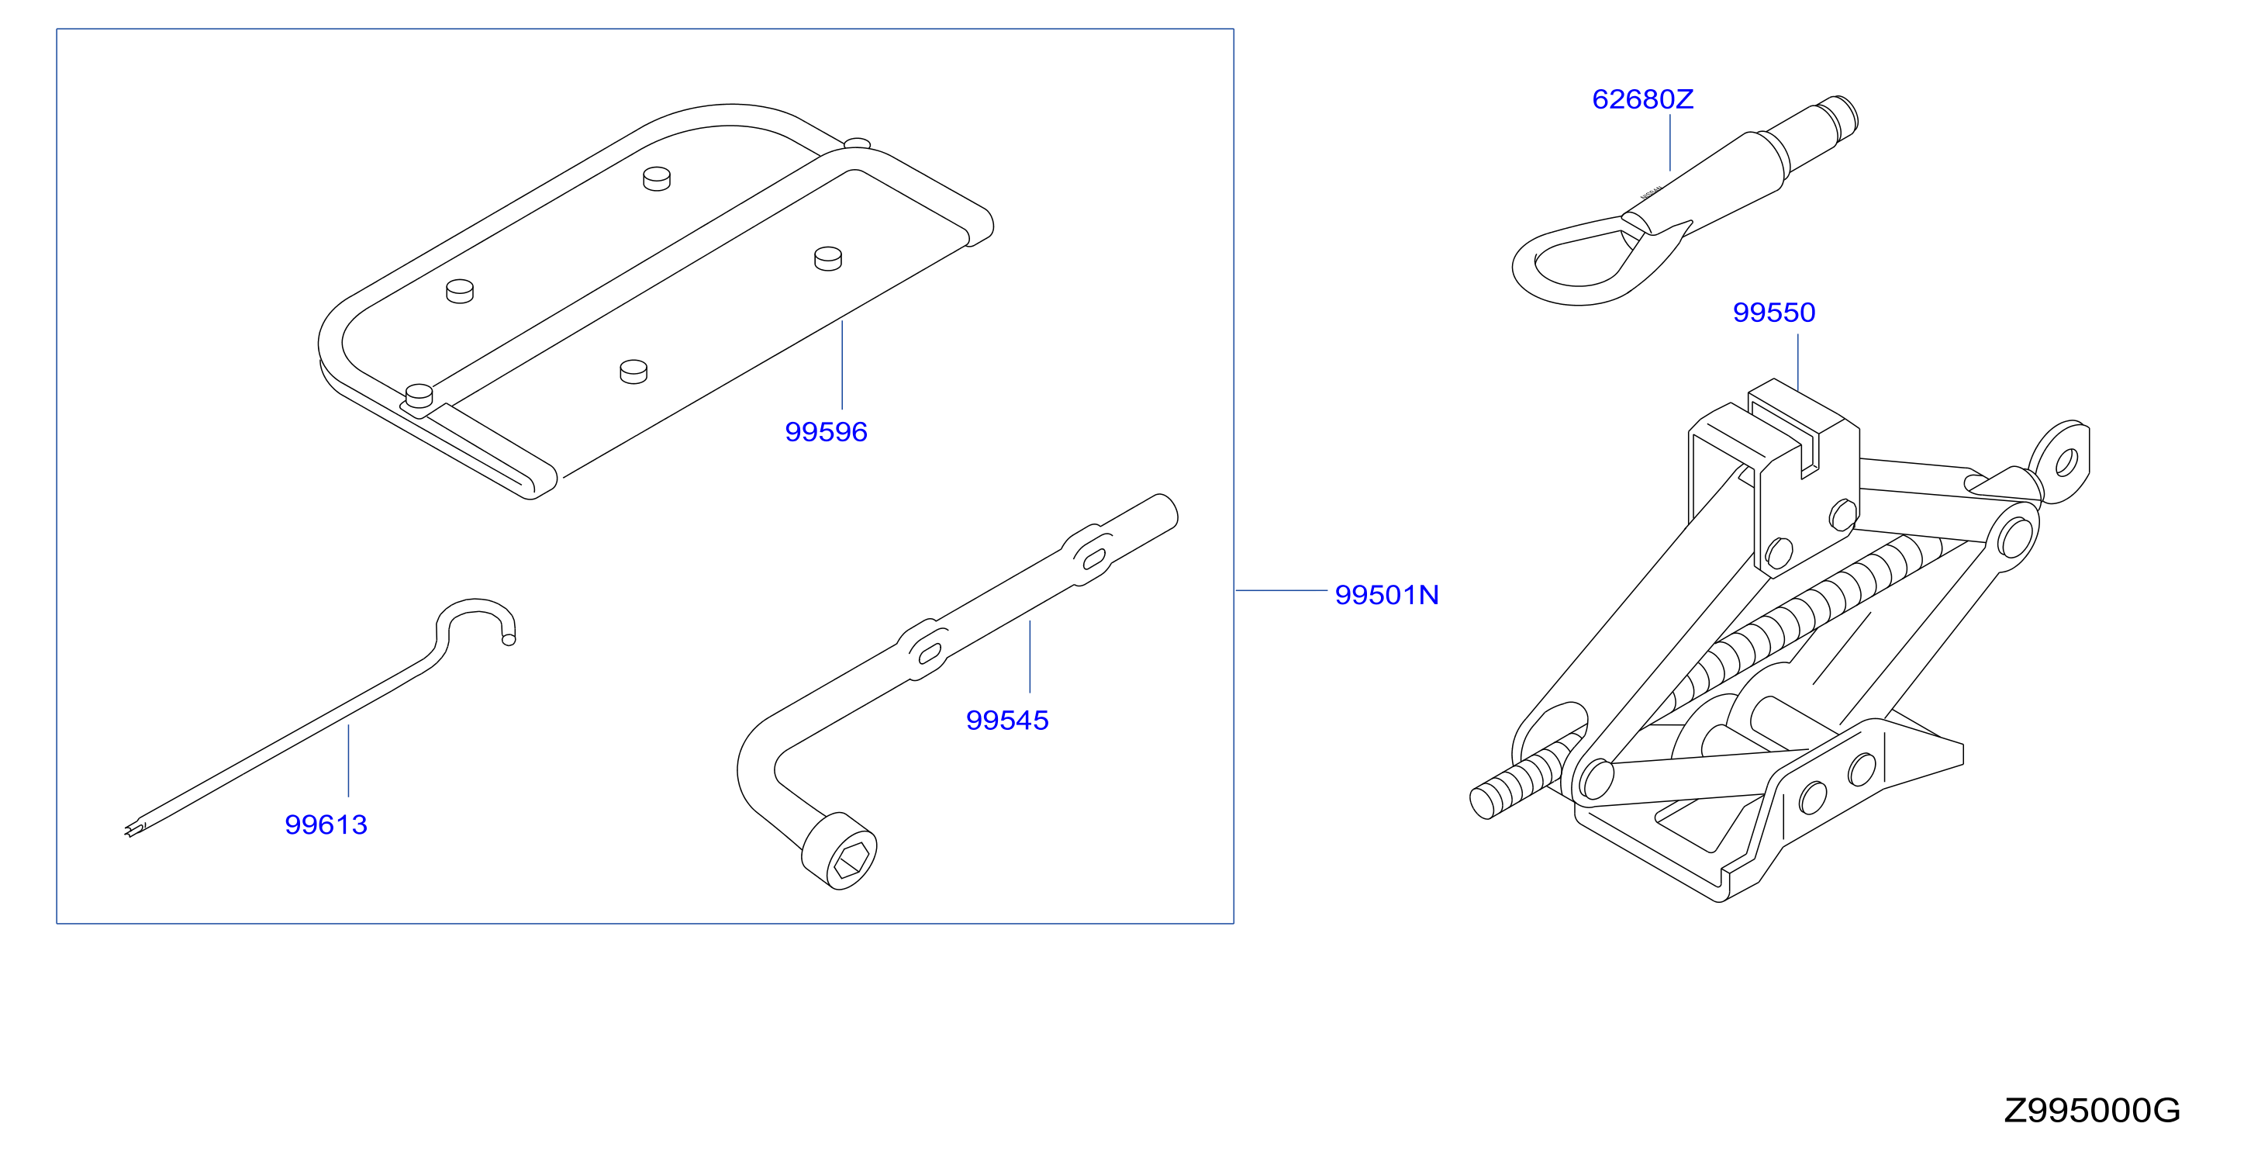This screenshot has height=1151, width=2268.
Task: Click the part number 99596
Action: tap(826, 431)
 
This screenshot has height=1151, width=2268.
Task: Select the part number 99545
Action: tap(1007, 721)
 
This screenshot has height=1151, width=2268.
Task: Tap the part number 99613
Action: tap(326, 824)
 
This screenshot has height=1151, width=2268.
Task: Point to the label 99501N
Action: tap(1386, 596)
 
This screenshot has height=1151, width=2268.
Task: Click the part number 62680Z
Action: tap(1643, 99)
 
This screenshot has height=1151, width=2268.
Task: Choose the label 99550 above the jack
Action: tap(1774, 313)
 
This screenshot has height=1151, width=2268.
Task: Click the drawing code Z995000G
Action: tap(2092, 1111)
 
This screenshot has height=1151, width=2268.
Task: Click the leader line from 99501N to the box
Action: tap(1281, 590)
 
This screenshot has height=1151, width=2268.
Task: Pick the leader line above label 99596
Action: tap(843, 365)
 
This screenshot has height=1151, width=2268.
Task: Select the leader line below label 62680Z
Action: tap(1670, 143)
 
